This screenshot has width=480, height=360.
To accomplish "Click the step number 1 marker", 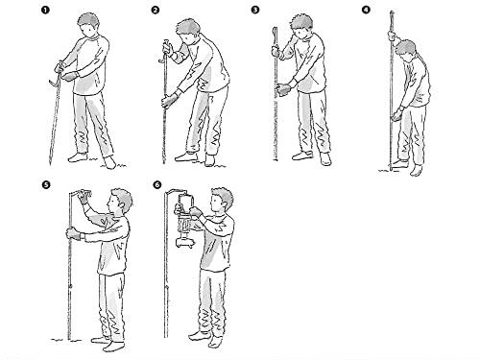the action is click(x=45, y=11).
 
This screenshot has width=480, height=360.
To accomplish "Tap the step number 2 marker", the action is click(x=155, y=11).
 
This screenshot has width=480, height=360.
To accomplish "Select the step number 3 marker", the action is click(x=255, y=10).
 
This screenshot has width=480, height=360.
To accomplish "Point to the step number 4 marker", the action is click(x=366, y=10).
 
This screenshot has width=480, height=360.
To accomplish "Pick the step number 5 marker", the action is click(x=46, y=185).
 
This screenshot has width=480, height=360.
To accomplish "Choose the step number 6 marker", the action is click(x=157, y=185).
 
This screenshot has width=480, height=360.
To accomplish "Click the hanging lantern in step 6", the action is click(x=184, y=221).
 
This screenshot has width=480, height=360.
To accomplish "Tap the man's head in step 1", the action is click(x=88, y=25).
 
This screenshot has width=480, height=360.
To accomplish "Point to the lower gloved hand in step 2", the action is click(x=170, y=100).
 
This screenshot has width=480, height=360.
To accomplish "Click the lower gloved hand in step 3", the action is click(x=283, y=89).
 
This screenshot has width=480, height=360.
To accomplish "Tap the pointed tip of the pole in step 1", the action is click(x=50, y=162).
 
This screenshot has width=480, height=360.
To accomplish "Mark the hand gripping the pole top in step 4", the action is click(x=392, y=35).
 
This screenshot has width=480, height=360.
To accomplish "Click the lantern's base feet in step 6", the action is click(x=184, y=244).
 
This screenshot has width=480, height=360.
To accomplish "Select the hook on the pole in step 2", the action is click(x=161, y=60).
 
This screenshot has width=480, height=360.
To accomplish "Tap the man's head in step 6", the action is click(x=222, y=199).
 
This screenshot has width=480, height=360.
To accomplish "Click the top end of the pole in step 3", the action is click(x=275, y=29).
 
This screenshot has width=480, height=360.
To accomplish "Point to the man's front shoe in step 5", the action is click(x=113, y=347).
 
